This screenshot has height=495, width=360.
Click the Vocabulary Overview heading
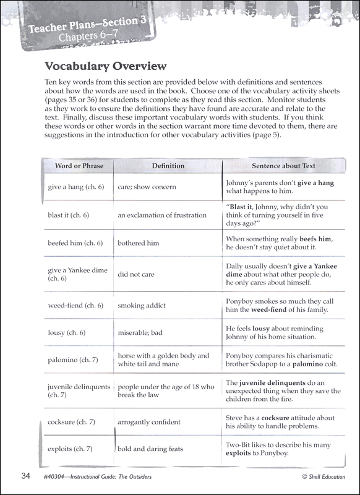(x=105, y=66)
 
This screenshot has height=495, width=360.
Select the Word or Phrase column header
(x=79, y=166)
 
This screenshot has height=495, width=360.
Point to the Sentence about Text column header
(x=283, y=166)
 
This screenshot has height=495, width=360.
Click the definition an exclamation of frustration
(x=162, y=215)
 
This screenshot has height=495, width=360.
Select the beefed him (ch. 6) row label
(x=75, y=243)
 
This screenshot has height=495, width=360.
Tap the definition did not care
(x=136, y=274)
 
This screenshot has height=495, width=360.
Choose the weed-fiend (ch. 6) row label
(x=75, y=305)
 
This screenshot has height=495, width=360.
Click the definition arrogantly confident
(x=149, y=422)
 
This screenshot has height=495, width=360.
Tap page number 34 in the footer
(x=25, y=476)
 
